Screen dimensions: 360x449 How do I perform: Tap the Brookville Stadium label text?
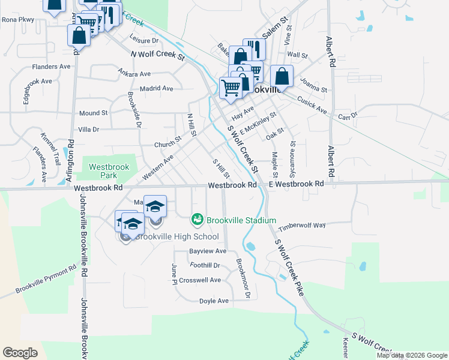pos(241,220)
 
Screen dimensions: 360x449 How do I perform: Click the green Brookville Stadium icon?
pos(197,220)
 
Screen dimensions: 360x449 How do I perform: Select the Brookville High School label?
pos(176,236)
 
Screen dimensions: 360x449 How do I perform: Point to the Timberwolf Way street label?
pos(301,225)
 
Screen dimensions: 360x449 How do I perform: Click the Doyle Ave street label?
pos(214,301)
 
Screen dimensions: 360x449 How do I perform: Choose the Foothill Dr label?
pos(205,265)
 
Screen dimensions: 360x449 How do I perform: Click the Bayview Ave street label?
pos(208,250)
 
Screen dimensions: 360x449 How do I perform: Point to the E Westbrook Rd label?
pos(297,184)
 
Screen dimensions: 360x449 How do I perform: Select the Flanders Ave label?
pos(53,67)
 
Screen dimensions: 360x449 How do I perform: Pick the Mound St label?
pos(93,113)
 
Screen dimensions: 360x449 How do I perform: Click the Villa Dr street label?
pos(88,129)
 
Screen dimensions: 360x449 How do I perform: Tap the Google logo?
pos(20,353)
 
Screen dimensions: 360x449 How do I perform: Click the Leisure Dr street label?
pos(143,40)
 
